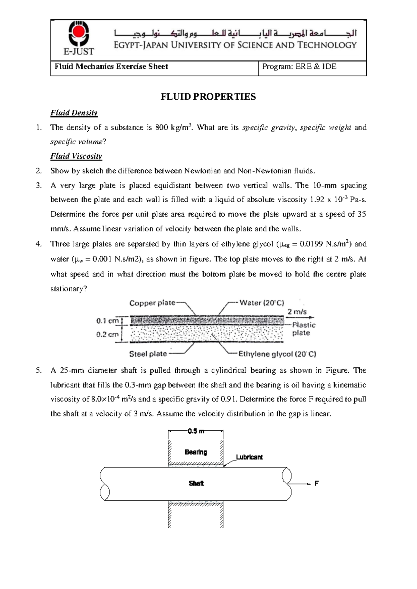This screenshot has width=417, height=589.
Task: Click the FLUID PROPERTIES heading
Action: (x=208, y=97)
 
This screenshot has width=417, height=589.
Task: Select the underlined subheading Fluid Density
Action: (x=74, y=113)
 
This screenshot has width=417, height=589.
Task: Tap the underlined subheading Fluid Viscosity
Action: (x=76, y=156)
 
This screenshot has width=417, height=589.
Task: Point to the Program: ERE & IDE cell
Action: (x=299, y=67)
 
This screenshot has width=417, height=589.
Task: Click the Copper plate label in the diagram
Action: (x=152, y=303)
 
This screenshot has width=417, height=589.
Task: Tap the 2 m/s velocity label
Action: (x=297, y=312)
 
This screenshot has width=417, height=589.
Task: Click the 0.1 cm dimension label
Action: (x=107, y=321)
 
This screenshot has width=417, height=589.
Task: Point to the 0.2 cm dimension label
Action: (x=107, y=335)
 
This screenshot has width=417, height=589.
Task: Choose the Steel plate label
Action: (x=148, y=354)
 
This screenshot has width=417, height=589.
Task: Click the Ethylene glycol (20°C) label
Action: (x=277, y=354)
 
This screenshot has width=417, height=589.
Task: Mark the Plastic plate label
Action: (x=303, y=329)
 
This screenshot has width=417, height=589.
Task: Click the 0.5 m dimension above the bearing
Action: (x=196, y=431)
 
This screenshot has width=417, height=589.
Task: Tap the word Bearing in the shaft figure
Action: (x=196, y=452)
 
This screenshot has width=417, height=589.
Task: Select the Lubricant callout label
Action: (x=249, y=457)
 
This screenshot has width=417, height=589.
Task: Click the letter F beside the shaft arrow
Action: (x=317, y=483)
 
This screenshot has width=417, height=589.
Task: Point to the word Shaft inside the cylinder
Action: (x=196, y=483)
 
